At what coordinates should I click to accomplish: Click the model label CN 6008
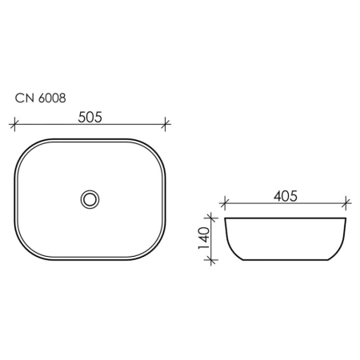(x=40, y=98)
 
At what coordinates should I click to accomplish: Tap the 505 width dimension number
(x=90, y=117)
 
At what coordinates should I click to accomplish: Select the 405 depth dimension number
(x=286, y=196)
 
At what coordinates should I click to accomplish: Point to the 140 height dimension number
(x=204, y=238)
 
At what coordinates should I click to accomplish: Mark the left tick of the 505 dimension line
(x=14, y=124)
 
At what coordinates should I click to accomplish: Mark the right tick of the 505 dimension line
(x=166, y=124)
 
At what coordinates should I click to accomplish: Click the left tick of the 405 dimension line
(x=225, y=203)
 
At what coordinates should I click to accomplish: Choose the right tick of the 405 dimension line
(x=346, y=203)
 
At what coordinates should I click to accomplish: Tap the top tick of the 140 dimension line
(x=211, y=218)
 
